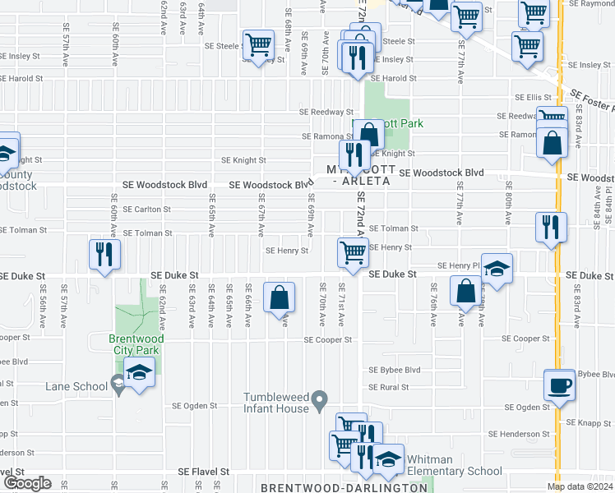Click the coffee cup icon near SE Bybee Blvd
point(560,385)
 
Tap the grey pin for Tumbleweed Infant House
point(321,399)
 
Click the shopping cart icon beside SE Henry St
point(353,251)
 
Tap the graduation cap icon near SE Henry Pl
point(496,269)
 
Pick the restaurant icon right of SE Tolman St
point(549,226)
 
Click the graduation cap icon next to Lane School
point(139,373)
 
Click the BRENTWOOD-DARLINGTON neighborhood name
point(344,486)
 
